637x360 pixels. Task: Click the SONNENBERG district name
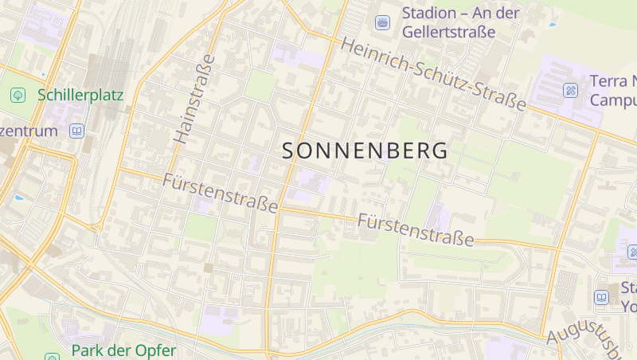(x=364, y=151)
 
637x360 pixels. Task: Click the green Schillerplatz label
(x=80, y=96)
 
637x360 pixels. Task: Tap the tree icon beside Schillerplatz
(x=18, y=96)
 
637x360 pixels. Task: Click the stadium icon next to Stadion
(x=383, y=22)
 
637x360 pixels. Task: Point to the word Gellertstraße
(x=448, y=33)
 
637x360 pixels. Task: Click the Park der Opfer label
(x=123, y=350)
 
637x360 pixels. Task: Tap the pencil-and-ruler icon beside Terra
(x=571, y=90)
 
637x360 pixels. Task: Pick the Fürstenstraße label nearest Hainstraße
(x=220, y=192)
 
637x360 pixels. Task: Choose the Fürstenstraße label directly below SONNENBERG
(x=416, y=229)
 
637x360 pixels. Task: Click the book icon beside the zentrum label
(x=76, y=131)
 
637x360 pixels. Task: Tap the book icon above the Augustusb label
(x=601, y=297)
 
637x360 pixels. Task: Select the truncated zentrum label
(x=29, y=131)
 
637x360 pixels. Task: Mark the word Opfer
(x=156, y=350)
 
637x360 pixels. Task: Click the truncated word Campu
(x=613, y=100)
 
